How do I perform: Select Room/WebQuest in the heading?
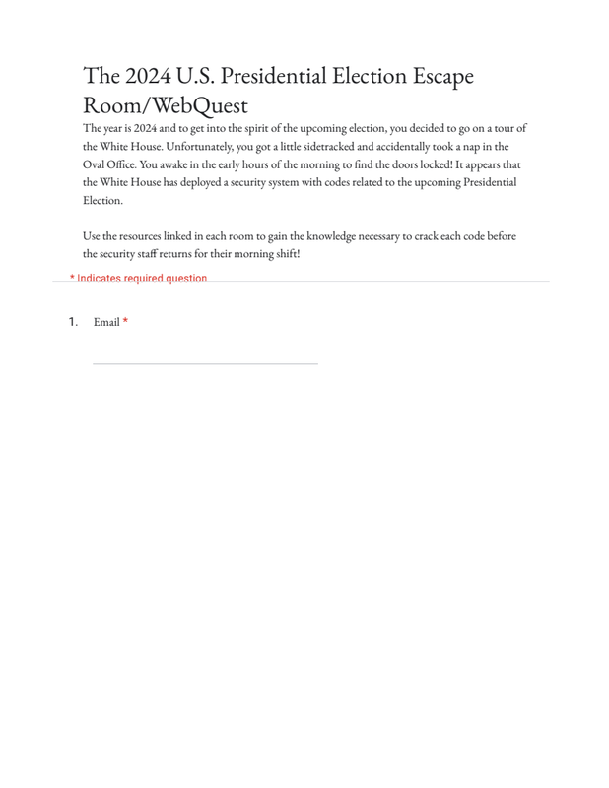166,105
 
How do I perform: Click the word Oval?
95,164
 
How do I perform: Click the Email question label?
106,322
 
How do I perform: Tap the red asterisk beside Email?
125,322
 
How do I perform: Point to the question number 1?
73,322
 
